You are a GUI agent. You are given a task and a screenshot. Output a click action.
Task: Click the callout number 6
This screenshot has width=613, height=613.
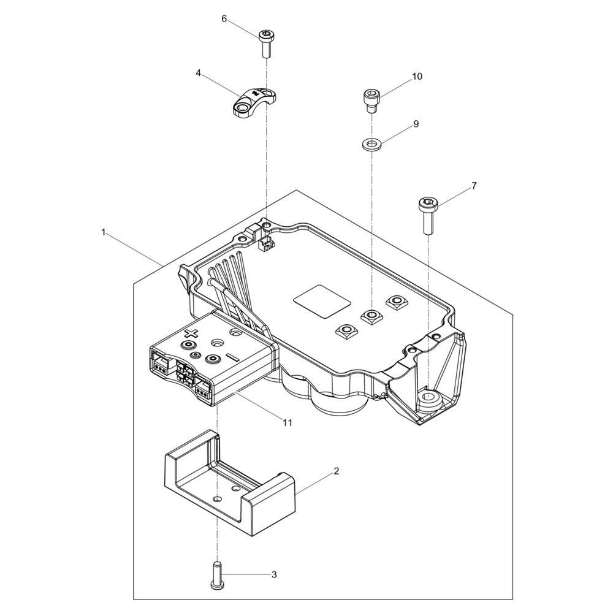coord(224,19)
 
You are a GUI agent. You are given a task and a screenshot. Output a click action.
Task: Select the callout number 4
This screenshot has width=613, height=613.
coord(198,73)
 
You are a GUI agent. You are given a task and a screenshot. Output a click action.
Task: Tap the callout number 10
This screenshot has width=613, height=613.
coord(417,76)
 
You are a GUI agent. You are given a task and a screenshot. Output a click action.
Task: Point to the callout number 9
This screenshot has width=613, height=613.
coord(416,124)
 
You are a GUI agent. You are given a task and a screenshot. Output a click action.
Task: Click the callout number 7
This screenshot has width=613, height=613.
coord(474,186)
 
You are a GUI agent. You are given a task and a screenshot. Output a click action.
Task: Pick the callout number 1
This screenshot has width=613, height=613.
coord(103,232)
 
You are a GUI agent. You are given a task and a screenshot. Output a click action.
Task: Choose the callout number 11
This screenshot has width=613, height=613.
coord(287,422)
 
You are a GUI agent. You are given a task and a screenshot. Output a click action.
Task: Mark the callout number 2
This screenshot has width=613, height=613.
coord(336,471)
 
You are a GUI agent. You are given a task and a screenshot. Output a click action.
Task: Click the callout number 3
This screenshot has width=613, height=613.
coord(274,575)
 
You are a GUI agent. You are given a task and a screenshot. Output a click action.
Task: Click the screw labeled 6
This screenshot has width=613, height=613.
coord(265,44)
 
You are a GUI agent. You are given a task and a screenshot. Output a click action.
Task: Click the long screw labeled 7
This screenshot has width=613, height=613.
coord(427,216)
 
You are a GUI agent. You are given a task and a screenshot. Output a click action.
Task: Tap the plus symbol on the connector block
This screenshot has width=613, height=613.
coord(191,333)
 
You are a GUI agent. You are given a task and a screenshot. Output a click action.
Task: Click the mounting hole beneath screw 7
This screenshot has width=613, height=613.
coord(428,397)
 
